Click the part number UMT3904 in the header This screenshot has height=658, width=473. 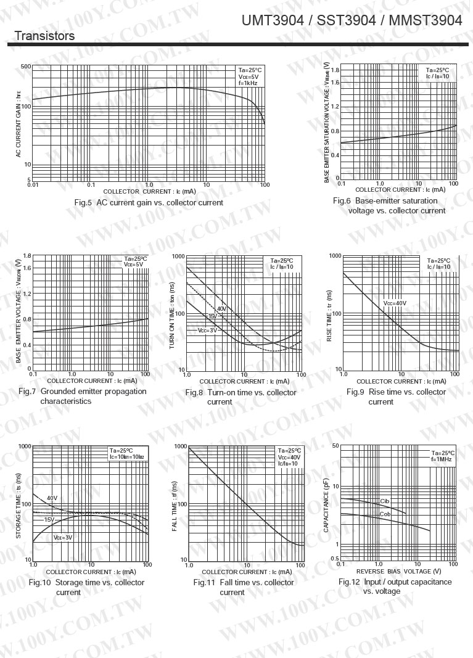(273, 21)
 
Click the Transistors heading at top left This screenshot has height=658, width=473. (44, 36)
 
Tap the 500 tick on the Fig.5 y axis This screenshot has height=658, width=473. (25, 66)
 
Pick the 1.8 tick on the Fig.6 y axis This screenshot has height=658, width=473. (335, 70)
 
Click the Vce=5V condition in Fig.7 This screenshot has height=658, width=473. (134, 265)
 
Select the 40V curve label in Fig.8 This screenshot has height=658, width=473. (221, 308)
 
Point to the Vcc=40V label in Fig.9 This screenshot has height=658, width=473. (395, 303)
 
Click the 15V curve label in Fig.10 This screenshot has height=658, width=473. (49, 520)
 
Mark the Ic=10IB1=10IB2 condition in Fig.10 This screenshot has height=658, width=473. (126, 457)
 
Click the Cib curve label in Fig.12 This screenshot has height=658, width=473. (385, 501)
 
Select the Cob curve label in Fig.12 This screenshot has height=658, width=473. (385, 514)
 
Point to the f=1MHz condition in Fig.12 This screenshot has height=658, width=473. (443, 459)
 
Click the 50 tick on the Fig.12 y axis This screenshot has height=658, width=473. (335, 445)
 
